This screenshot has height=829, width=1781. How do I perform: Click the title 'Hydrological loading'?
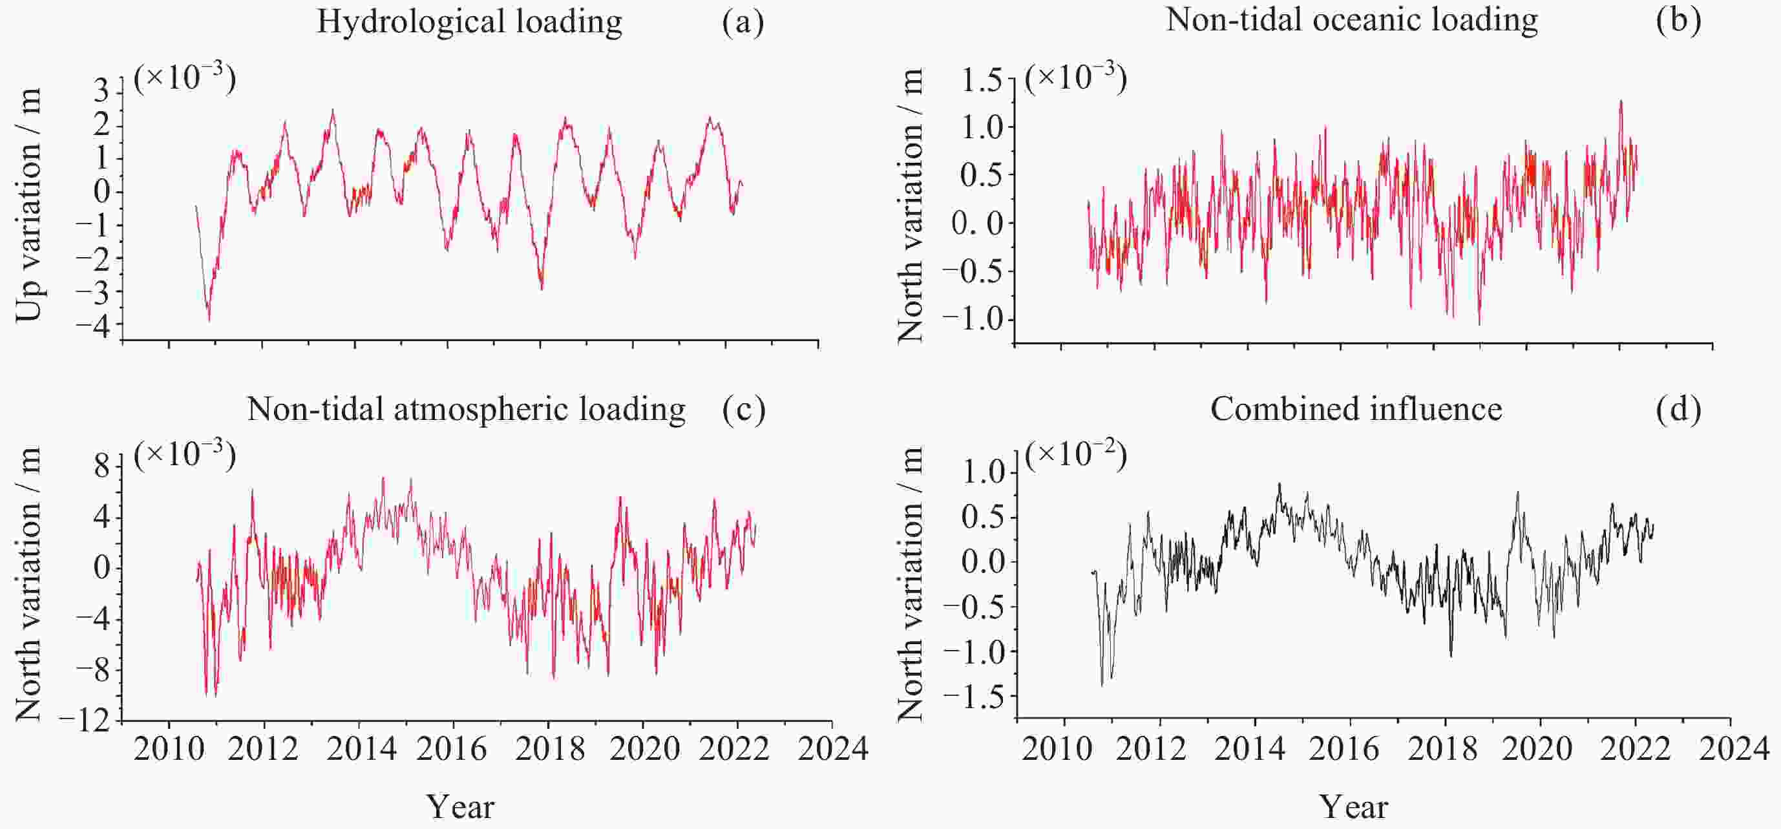point(469,21)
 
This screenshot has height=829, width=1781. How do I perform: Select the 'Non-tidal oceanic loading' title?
point(1352,19)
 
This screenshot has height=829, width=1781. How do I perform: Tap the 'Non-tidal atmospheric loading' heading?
point(466,408)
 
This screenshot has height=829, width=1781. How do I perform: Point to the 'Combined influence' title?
point(1356,408)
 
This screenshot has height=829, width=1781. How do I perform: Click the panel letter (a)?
point(743,22)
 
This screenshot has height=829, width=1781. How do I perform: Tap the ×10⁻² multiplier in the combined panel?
point(1076,456)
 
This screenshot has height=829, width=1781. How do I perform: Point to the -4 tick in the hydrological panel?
point(94,325)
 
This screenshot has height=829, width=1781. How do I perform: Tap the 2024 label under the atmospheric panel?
point(832,749)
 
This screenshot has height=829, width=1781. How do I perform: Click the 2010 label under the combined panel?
point(1057,749)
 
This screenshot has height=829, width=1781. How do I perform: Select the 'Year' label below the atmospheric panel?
point(461,806)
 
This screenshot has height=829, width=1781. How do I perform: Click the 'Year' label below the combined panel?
point(1354,806)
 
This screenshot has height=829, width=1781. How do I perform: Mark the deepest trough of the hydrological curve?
point(209,320)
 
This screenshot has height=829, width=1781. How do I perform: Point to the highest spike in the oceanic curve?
point(1621,101)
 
